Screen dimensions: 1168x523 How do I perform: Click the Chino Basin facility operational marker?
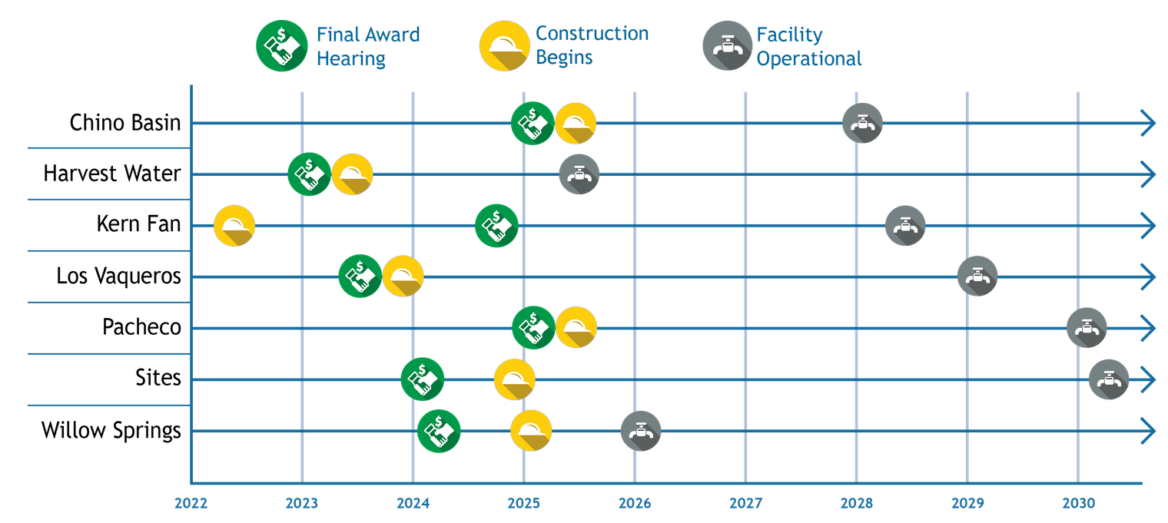(x=862, y=123)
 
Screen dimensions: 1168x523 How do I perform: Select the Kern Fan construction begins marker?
(x=234, y=226)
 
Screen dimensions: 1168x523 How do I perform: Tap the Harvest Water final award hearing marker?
(x=309, y=174)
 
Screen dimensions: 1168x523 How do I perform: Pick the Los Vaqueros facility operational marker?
(x=977, y=276)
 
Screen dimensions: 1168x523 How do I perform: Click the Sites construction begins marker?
(x=515, y=379)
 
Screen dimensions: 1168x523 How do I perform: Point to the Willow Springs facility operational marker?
(x=641, y=431)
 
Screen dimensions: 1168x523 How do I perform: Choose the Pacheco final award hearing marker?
(x=533, y=328)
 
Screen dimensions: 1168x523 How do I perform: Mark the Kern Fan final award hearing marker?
(x=496, y=226)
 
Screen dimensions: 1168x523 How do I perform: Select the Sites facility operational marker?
(x=1109, y=379)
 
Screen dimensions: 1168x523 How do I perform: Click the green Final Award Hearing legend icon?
(x=281, y=46)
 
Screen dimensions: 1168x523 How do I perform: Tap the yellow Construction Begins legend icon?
(x=505, y=46)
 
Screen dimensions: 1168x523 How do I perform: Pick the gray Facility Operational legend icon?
(x=728, y=46)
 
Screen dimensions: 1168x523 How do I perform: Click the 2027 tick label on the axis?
(x=745, y=503)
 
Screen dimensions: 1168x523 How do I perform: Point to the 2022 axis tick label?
(x=191, y=503)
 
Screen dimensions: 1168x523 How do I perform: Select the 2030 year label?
(x=1079, y=503)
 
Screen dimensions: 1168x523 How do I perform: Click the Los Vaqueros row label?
(x=119, y=276)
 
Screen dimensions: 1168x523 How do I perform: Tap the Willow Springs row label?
(x=111, y=431)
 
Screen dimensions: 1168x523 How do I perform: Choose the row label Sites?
(x=158, y=378)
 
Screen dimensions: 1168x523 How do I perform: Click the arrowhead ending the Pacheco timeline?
(x=1149, y=328)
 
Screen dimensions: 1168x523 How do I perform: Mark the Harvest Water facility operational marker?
(x=579, y=174)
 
